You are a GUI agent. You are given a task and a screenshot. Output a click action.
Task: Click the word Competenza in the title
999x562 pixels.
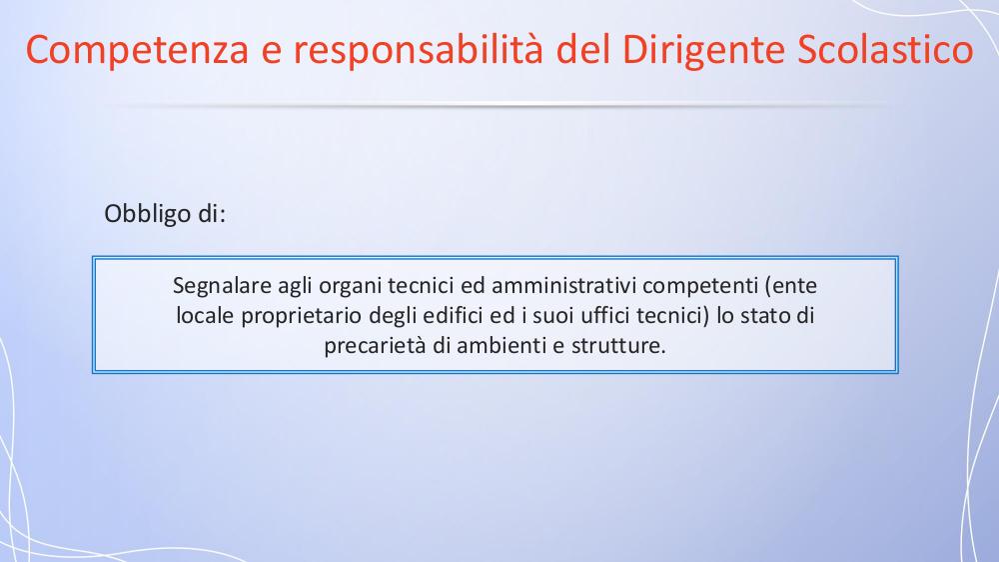click(137, 50)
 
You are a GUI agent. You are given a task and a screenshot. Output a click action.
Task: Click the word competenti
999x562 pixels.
click(700, 286)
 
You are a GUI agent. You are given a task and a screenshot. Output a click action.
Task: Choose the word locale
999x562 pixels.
click(205, 315)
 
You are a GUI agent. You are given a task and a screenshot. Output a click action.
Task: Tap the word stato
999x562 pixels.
click(766, 316)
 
